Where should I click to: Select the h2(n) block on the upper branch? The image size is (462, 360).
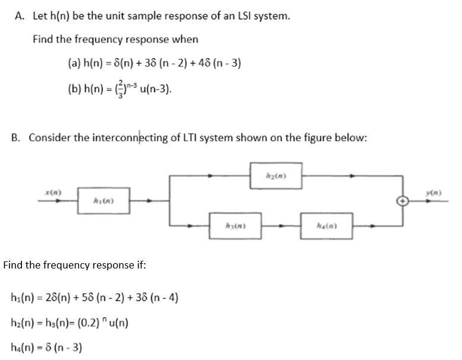point(275,176)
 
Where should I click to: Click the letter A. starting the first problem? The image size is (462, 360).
point(19,16)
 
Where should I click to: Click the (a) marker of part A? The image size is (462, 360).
point(74,64)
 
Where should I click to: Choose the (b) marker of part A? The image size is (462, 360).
point(74,90)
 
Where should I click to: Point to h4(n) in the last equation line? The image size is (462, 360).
point(21,347)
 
